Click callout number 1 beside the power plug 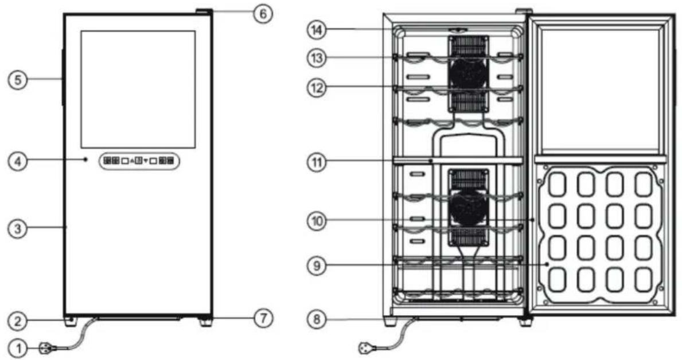pos(18,348)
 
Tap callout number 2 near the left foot pos(18,322)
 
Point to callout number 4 pos(18,161)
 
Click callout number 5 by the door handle pos(18,80)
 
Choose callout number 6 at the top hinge pos(263,14)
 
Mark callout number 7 pos(263,318)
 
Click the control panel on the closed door pos(139,161)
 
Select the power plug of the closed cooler pos(47,348)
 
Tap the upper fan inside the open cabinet pos(469,73)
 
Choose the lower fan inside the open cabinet pos(469,208)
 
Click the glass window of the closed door pos(138,89)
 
